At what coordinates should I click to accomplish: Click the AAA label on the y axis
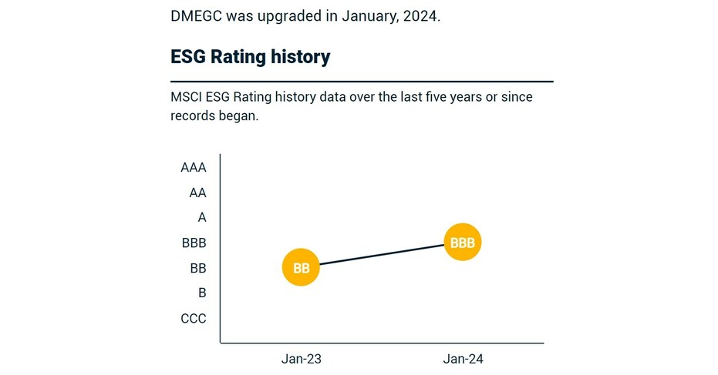[194, 168]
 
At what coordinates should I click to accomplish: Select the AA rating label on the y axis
[197, 193]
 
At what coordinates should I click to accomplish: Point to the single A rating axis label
[202, 218]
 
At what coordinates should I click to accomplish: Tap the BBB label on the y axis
[194, 243]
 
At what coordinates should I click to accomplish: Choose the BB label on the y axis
[197, 269]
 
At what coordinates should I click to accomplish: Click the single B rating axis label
[202, 293]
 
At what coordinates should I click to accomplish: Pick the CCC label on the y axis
[194, 319]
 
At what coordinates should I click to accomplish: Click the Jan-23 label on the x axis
[301, 360]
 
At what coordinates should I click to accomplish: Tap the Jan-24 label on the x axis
[463, 360]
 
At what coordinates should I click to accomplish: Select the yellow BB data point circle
[301, 268]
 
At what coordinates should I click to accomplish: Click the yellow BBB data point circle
[463, 243]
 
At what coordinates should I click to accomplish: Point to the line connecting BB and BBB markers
[382, 255]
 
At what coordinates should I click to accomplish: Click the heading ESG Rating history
[250, 56]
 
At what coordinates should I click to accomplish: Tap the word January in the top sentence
[367, 16]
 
